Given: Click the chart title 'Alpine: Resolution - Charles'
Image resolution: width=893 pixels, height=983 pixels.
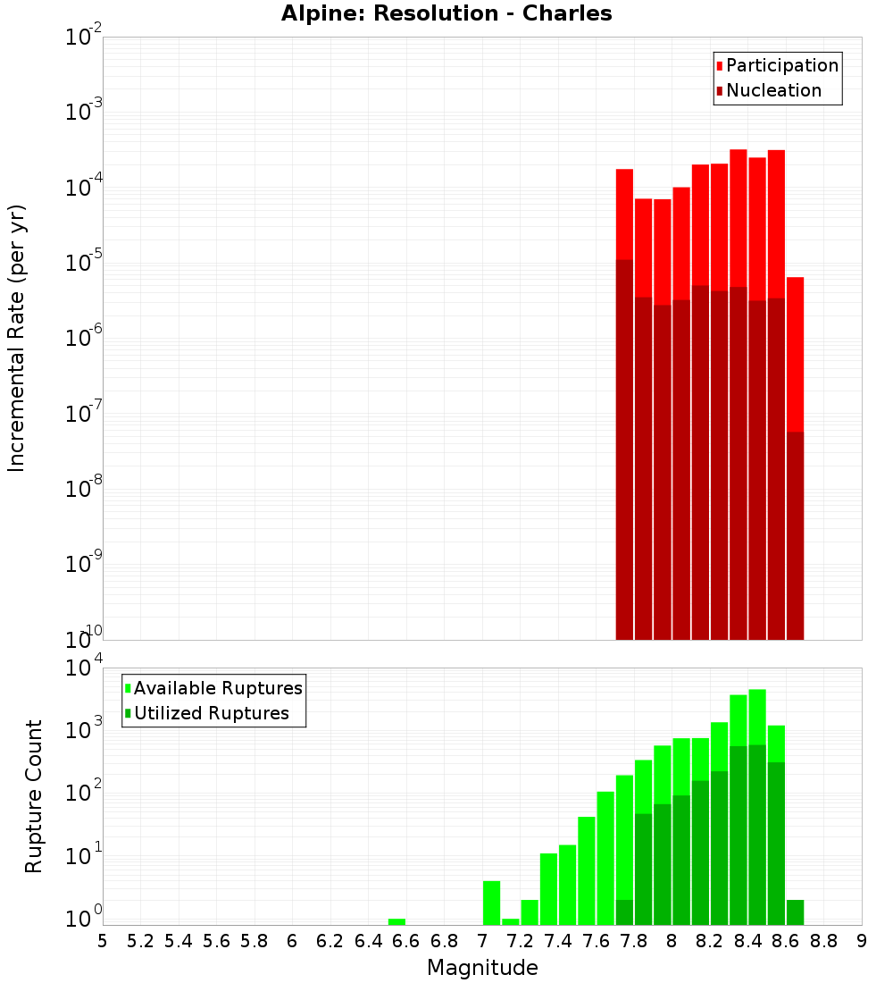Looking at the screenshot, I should pos(446,14).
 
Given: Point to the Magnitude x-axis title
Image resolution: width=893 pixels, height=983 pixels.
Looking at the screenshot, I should pos(482,968).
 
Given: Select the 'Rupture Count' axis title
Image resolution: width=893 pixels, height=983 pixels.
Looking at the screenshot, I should pos(34,796).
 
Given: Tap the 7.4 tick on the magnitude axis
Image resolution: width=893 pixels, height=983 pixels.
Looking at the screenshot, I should pos(558,941).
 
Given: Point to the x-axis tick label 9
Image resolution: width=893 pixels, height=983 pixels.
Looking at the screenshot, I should pos(862,941).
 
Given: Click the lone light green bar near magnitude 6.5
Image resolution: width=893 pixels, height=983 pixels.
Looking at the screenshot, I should pos(396,921).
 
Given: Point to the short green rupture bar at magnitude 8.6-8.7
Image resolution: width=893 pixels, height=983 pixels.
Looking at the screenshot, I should pos(795,912).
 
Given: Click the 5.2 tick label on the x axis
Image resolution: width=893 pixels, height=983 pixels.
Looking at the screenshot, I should pos(140,941).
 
